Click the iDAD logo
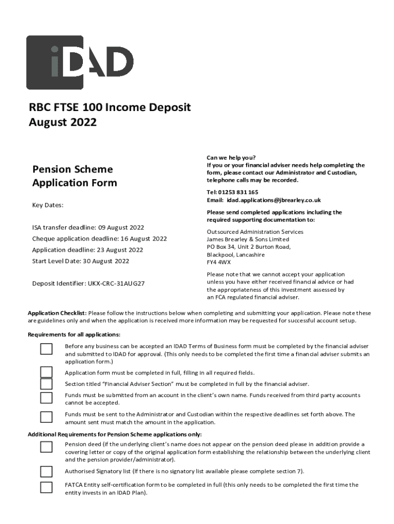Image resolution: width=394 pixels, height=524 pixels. pos(80,62)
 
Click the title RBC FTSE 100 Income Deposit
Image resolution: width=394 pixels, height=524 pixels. pos(110,107)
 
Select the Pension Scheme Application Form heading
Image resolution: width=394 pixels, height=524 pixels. pos(75,176)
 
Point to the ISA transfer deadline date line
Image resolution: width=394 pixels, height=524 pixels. pos(88,227)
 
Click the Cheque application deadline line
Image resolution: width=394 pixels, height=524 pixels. pos(99,238)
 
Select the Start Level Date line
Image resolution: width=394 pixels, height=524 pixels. pos(80,261)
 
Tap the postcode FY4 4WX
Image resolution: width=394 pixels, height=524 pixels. pos(218,262)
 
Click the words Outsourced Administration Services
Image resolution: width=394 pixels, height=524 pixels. pos(255,232)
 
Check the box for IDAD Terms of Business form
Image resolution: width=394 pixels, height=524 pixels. pos(47,349)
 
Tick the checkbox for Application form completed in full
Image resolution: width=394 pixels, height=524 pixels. pos(47,372)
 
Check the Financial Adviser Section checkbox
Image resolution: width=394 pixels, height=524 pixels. pos(47,384)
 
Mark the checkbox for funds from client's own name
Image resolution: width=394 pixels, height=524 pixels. pos(47,398)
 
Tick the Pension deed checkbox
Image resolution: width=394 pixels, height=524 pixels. pos(47,447)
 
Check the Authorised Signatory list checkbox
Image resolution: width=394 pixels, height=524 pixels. pos(47,471)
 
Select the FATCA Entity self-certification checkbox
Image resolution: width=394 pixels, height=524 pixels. pos(47,487)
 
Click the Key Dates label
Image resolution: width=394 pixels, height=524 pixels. pos(48,205)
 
